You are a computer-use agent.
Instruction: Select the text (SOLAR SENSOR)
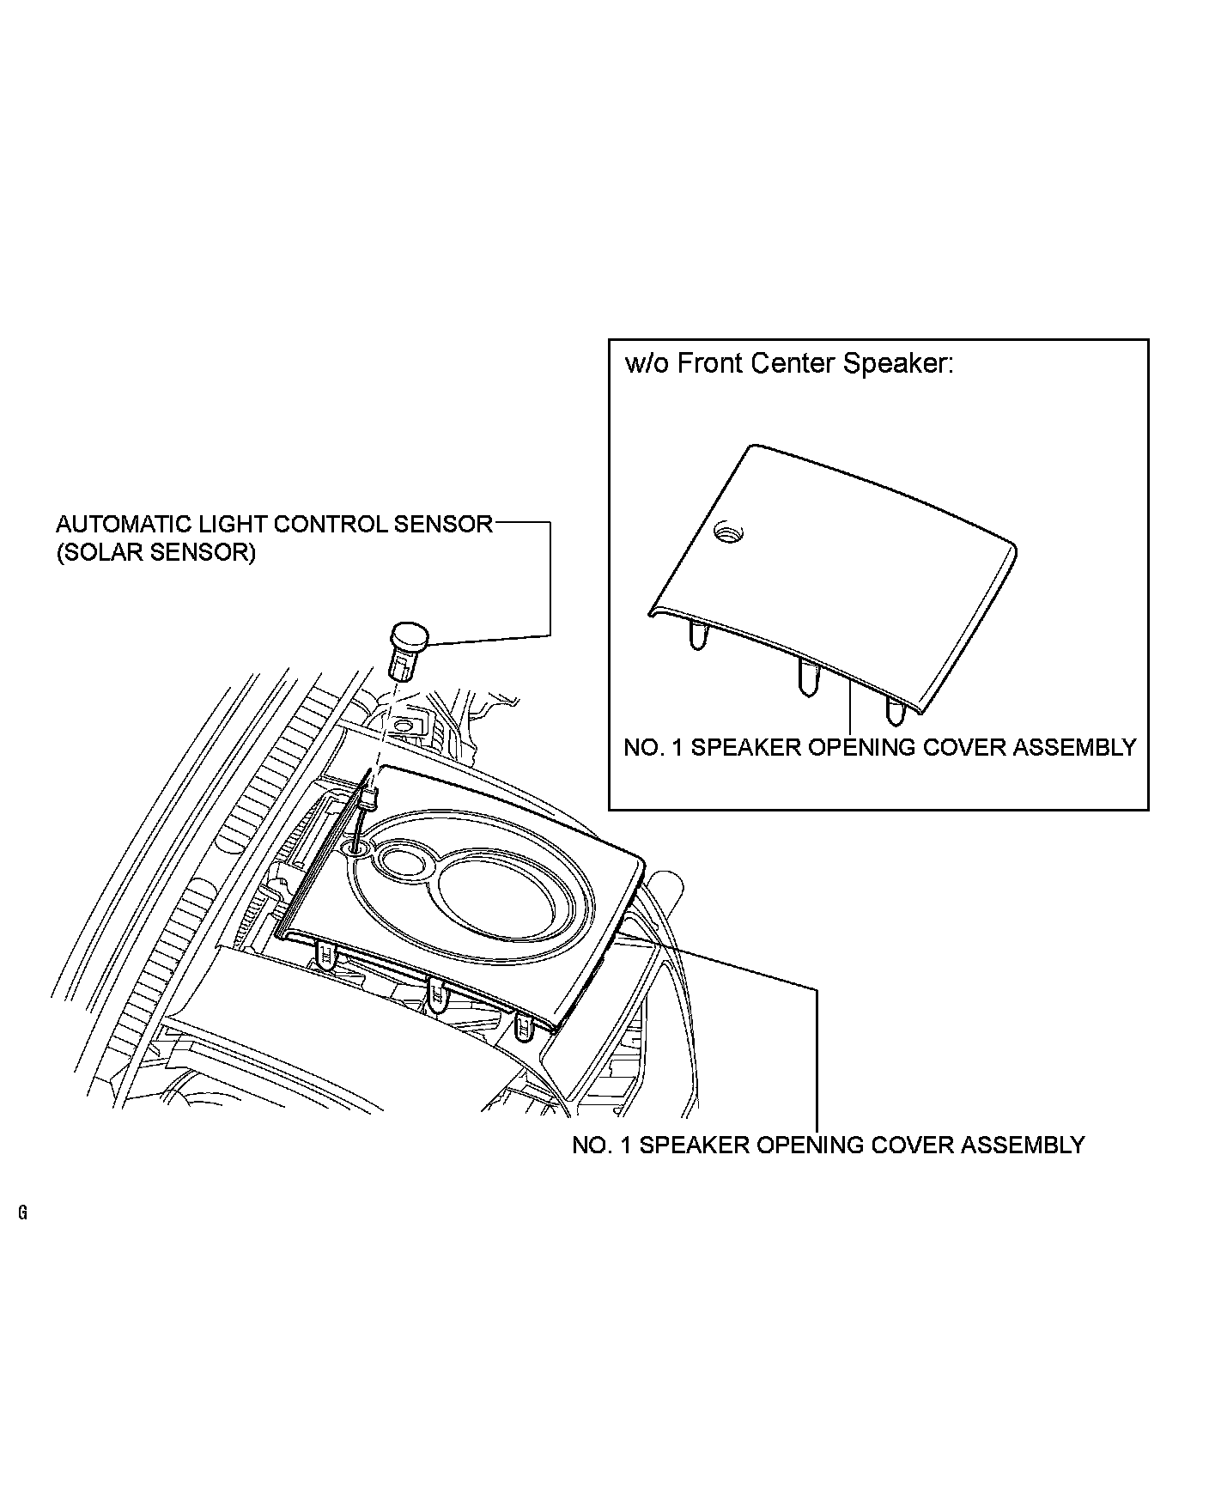(155, 552)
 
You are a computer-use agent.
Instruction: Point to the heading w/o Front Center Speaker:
(789, 364)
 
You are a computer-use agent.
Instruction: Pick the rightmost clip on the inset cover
(895, 709)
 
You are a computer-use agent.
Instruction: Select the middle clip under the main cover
(438, 996)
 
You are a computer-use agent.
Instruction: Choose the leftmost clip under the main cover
(327, 954)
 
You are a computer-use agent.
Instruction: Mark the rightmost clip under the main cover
(523, 1027)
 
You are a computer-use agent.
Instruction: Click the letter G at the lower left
(21, 1213)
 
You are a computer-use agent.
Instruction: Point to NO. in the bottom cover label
(590, 1146)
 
